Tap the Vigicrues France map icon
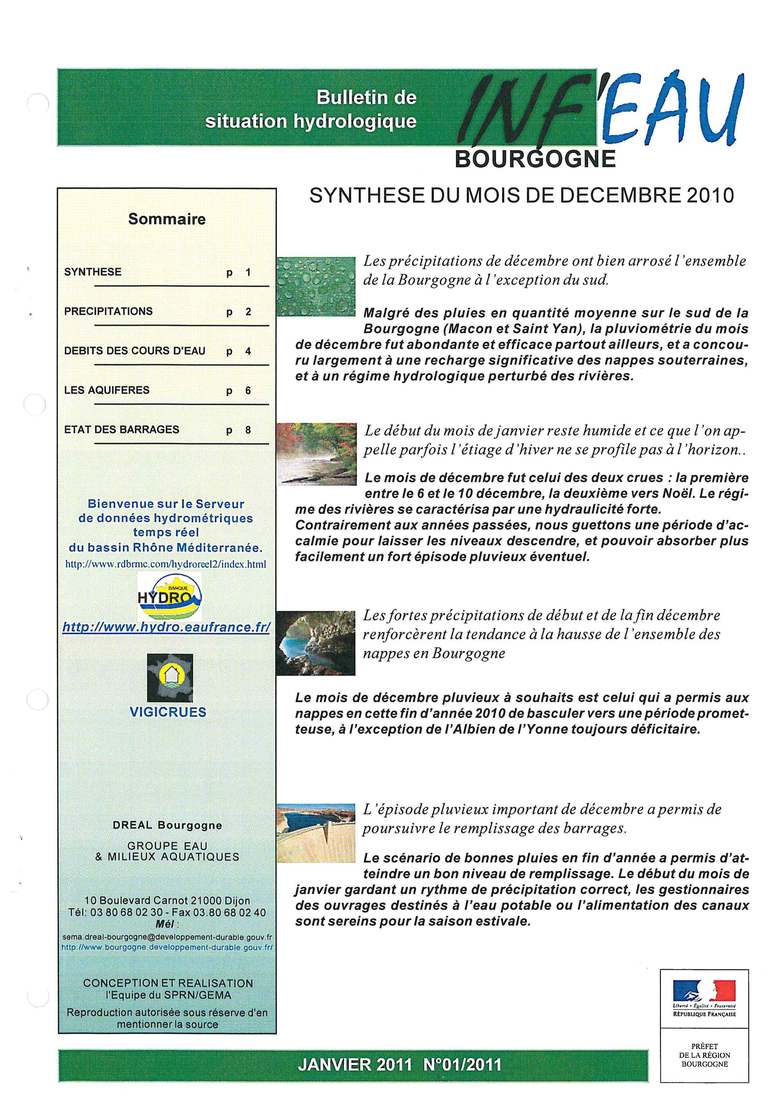click(170, 678)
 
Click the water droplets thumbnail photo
click(316, 286)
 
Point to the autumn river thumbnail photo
click(316, 454)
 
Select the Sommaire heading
click(166, 220)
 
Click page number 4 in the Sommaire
click(248, 351)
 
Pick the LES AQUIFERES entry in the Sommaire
click(107, 390)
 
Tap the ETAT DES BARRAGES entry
click(121, 429)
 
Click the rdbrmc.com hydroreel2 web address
click(166, 564)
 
